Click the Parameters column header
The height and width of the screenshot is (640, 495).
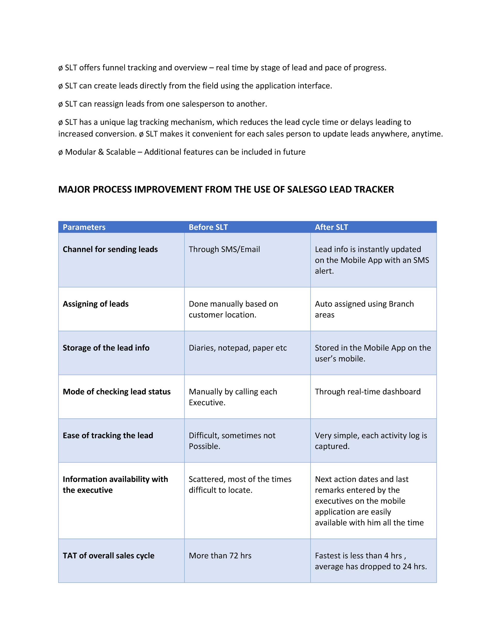click(x=84, y=227)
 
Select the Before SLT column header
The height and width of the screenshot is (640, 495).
click(x=208, y=227)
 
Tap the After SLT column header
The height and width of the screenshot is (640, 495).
click(x=331, y=227)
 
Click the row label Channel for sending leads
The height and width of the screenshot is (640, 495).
click(x=110, y=249)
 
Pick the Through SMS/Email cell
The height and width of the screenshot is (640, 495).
click(x=224, y=249)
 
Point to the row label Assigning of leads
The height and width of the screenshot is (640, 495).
click(x=96, y=304)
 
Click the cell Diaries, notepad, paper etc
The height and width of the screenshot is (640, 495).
click(x=238, y=348)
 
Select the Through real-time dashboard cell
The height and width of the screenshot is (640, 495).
click(x=368, y=392)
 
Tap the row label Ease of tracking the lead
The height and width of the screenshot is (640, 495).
click(x=108, y=436)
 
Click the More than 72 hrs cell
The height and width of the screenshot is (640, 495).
click(x=220, y=556)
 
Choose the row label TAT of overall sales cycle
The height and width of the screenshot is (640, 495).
click(x=108, y=556)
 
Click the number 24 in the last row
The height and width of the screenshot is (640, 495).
click(x=407, y=566)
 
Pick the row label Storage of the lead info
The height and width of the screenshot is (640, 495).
click(x=106, y=348)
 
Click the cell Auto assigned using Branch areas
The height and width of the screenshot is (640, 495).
click(x=364, y=309)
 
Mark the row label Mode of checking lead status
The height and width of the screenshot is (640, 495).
click(x=117, y=392)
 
